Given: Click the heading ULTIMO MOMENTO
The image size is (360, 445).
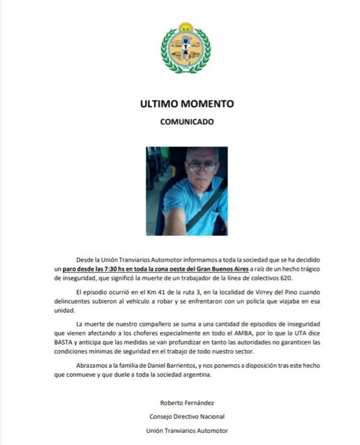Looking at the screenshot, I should point(187,104).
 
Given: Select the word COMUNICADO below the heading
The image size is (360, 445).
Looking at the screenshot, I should point(187,122).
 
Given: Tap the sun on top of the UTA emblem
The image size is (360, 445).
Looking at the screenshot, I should point(186,27).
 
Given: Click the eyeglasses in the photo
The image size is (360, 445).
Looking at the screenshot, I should point(202,167).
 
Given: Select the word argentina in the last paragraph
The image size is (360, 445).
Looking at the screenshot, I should point(198,375).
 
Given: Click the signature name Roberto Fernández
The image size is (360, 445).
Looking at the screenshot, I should point(187,403).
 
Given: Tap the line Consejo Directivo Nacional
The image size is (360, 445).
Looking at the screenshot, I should point(187,416).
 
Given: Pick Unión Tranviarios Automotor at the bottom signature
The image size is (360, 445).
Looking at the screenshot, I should point(187,431).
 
